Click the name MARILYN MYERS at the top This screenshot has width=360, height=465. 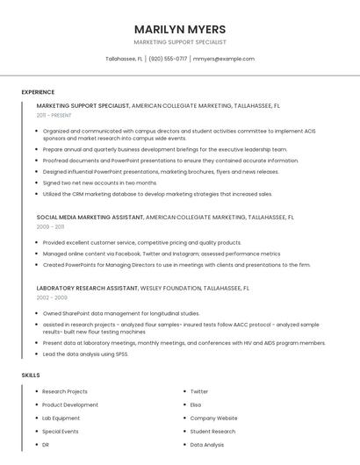tap(180, 29)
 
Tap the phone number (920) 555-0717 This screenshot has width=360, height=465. tap(168, 59)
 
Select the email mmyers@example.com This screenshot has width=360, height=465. tap(224, 59)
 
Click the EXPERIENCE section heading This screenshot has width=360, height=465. tap(38, 92)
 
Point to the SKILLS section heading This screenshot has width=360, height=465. tap(31, 375)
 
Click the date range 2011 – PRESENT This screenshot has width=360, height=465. tap(54, 115)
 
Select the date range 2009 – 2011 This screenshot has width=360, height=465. tap(50, 226)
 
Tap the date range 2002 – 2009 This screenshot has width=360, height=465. tap(52, 297)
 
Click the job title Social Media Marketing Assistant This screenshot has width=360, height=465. tap(90, 217)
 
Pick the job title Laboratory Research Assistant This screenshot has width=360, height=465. tap(87, 288)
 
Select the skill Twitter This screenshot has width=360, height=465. tap(199, 392)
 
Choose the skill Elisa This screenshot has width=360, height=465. tap(196, 405)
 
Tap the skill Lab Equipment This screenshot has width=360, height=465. tap(61, 418)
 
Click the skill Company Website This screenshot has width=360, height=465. tap(213, 418)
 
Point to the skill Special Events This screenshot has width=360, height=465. tap(61, 432)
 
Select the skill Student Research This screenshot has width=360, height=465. tap(212, 432)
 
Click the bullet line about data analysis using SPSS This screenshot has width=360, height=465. tap(85, 354)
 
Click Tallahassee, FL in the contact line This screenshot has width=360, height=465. tap(124, 59)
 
